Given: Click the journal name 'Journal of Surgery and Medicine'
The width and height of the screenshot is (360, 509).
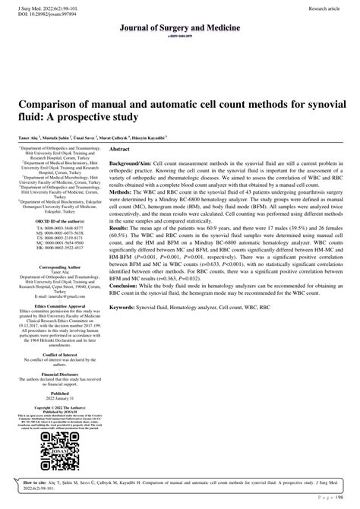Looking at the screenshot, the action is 180,27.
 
